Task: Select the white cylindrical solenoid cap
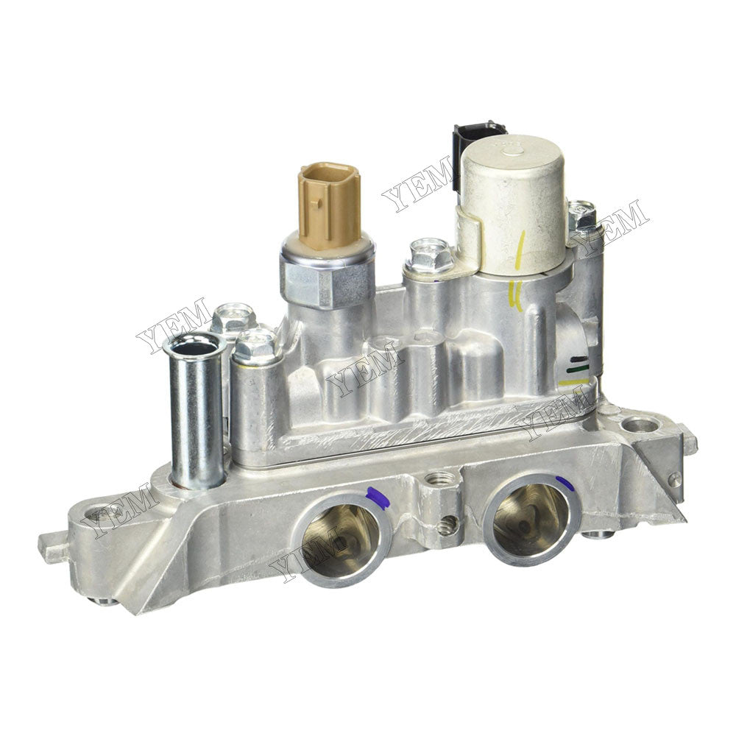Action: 513,199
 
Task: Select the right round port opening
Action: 531,518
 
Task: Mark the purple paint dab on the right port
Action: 565,483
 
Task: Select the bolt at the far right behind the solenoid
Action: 582,215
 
